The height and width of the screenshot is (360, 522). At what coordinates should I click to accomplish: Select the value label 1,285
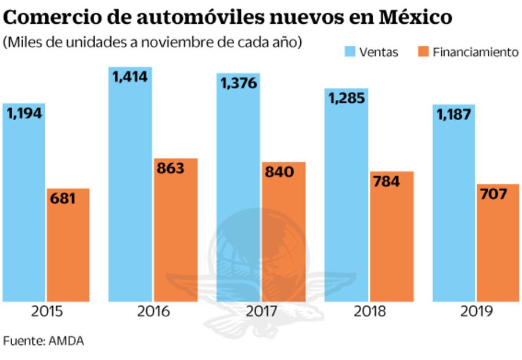coord(347,98)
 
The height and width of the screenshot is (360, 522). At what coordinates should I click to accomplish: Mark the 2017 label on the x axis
coord(261,311)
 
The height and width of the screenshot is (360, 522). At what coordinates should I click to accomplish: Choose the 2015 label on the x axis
coord(48,311)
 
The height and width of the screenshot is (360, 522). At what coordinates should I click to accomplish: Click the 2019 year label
coord(477,311)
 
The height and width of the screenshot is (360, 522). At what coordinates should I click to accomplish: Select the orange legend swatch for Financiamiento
coord(423,52)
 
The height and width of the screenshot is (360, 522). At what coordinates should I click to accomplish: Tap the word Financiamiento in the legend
coord(476,52)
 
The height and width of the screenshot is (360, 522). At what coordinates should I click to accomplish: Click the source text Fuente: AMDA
coord(44,341)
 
